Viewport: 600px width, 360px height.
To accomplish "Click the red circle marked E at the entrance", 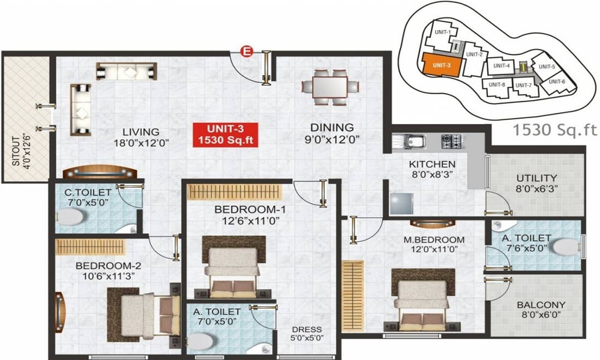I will [245, 52].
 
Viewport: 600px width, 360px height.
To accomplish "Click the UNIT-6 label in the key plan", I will [557, 81].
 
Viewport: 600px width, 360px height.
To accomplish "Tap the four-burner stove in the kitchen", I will [451, 142].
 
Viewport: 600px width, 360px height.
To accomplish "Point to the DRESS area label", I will [307, 334].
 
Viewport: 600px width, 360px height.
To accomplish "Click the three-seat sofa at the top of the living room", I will [126, 71].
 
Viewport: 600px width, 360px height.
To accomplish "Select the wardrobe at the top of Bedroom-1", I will [235, 193].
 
